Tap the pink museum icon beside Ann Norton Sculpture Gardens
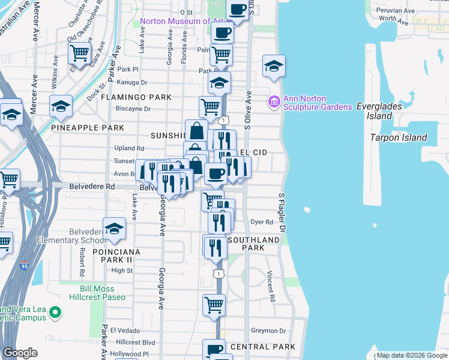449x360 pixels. tap(274, 102)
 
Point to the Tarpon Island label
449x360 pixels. tap(399, 137)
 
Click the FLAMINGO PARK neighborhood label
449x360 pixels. tap(136, 97)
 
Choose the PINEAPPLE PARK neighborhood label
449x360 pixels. tap(88, 128)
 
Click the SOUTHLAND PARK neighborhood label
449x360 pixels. tap(253, 244)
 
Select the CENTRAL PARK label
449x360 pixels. tap(262, 347)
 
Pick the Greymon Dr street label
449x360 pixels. tap(269, 331)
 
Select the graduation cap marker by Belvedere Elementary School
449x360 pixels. tap(114, 229)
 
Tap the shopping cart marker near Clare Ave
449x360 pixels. tap(79, 53)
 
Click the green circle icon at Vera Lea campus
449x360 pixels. tap(55, 312)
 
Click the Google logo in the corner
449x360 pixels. tap(20, 353)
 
